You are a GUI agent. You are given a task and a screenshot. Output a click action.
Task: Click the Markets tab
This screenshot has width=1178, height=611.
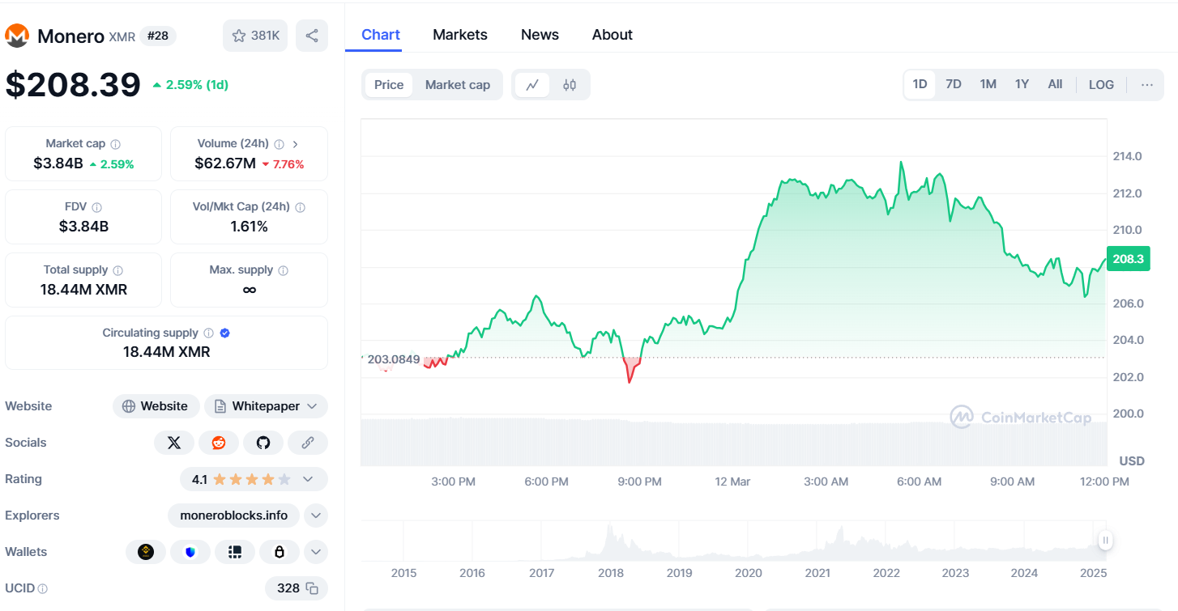(459, 35)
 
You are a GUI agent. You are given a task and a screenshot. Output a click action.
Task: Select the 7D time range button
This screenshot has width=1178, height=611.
(954, 84)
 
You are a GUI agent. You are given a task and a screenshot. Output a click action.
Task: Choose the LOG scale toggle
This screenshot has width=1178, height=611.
(1101, 84)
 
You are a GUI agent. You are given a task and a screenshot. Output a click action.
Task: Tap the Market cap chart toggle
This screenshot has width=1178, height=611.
(457, 85)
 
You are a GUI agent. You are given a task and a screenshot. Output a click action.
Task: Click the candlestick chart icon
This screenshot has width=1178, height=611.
(570, 85)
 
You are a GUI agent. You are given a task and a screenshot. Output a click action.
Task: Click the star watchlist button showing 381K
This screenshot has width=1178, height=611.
(255, 36)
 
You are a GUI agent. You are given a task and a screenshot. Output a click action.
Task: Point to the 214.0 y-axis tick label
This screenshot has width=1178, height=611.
(1127, 156)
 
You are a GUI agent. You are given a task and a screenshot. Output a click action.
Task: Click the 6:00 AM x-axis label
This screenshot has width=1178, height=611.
(920, 482)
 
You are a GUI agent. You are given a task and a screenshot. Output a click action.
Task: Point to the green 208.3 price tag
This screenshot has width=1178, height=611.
(1128, 259)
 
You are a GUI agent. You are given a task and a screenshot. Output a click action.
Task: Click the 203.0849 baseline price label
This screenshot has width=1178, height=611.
(394, 359)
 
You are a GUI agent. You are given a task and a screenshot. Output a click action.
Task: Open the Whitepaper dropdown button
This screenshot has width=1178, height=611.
(266, 406)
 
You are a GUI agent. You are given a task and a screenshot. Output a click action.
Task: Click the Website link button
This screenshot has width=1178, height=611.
(155, 406)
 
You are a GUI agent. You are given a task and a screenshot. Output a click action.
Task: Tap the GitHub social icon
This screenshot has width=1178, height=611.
(263, 443)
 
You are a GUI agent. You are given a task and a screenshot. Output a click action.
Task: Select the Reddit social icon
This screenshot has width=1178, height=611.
(219, 443)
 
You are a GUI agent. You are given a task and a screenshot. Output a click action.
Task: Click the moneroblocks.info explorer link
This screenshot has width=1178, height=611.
(233, 516)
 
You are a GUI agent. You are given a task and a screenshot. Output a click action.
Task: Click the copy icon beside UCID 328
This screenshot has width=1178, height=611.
(312, 588)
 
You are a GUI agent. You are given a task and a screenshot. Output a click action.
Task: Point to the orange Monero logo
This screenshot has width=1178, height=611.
(17, 36)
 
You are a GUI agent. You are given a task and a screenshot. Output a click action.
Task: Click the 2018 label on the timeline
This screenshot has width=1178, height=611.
(610, 573)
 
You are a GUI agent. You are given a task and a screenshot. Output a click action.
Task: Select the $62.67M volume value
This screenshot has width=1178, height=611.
(225, 163)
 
